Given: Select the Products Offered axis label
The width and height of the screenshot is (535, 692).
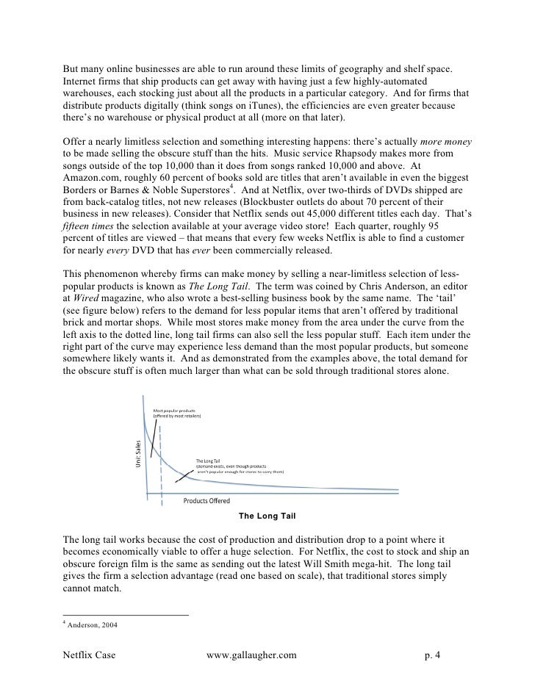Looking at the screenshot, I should [207, 502].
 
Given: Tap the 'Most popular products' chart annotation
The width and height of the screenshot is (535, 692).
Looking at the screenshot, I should [174, 409].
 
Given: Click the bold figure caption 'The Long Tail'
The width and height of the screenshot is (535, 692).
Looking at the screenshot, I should [267, 516].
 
